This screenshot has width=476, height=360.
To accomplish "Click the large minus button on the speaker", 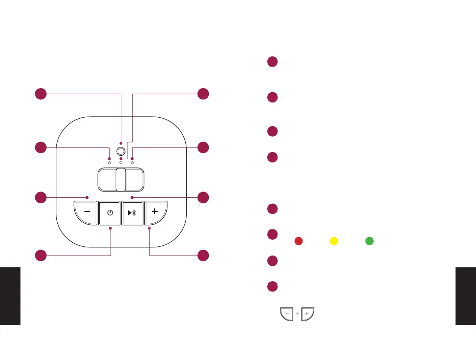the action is [86, 212].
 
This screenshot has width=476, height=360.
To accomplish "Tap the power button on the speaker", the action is [110, 213].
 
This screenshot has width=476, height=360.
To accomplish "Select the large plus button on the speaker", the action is [155, 212].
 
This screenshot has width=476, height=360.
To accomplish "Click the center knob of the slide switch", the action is [121, 180].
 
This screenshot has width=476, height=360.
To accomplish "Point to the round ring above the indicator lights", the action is [121, 152].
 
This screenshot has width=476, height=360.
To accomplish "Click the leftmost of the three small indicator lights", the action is [110, 162].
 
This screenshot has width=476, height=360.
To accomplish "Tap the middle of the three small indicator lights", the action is [121, 162].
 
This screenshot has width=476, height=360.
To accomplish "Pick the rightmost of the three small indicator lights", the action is [132, 162].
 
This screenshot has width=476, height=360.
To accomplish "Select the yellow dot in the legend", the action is [333, 241].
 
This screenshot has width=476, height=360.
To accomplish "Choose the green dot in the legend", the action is [369, 241].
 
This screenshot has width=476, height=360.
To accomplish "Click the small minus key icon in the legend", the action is [286, 313].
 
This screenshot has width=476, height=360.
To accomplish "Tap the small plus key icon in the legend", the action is [307, 313].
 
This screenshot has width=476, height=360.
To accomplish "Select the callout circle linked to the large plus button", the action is [203, 255].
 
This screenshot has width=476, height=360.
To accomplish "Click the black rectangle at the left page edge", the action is [10, 295].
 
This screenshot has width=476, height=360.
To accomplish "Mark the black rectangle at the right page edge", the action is [465, 295].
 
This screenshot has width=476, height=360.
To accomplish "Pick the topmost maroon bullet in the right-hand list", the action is [272, 62].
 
